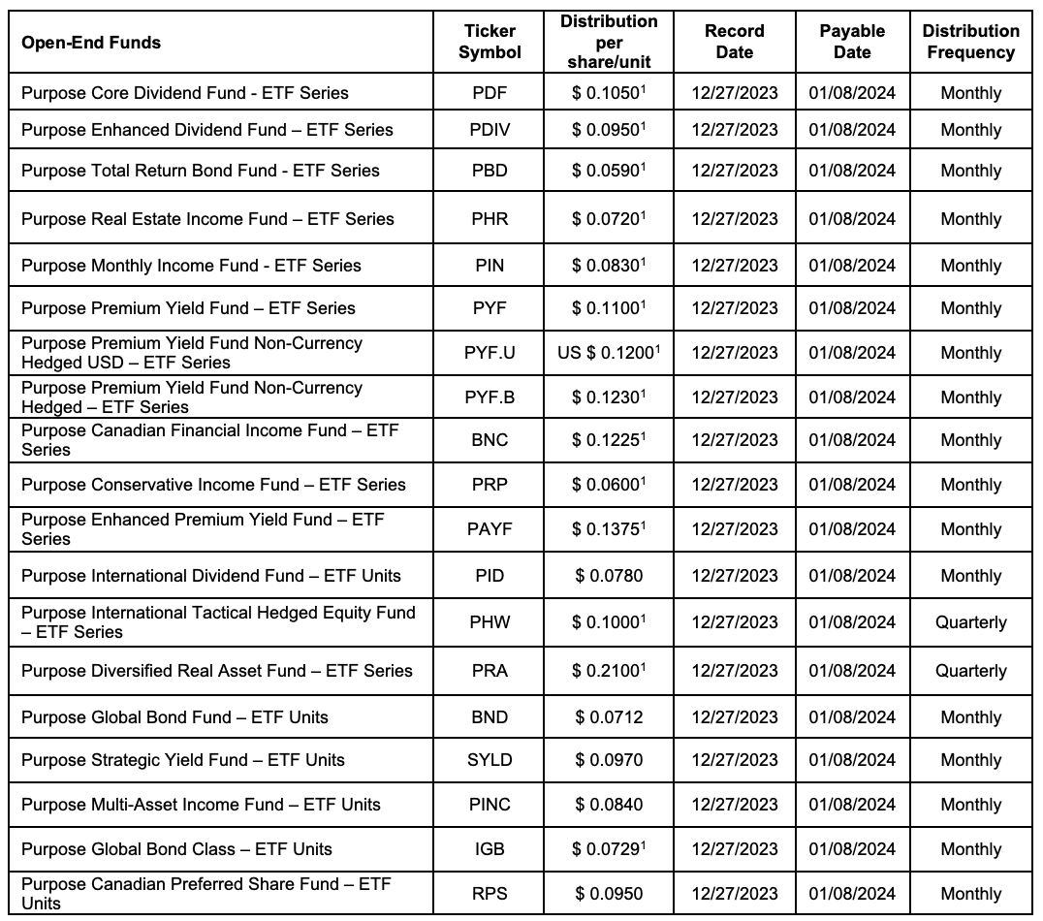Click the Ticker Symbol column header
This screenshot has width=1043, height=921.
click(490, 42)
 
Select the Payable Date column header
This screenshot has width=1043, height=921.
click(852, 42)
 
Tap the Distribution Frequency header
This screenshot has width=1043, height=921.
click(970, 42)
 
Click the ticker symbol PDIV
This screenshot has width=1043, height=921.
click(490, 130)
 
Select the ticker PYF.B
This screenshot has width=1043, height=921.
click(490, 397)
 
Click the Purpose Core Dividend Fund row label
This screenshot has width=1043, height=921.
click(185, 93)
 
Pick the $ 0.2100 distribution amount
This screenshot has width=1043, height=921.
click(609, 671)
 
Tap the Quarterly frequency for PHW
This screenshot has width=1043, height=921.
click(970, 622)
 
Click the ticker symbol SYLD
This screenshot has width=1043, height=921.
click(490, 760)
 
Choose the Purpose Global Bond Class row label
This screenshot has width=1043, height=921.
click(176, 849)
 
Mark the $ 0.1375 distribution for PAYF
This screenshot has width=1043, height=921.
click(609, 529)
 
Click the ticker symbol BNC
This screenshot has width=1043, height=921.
click(490, 440)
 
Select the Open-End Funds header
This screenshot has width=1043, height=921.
click(91, 42)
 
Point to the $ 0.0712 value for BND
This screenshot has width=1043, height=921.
click(609, 717)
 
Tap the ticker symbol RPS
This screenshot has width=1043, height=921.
click(490, 894)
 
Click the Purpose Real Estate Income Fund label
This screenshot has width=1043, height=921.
click(207, 219)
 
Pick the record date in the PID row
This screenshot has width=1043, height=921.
click(734, 576)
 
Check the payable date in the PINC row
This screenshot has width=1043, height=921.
click(852, 805)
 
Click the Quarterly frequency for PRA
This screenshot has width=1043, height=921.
click(970, 671)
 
